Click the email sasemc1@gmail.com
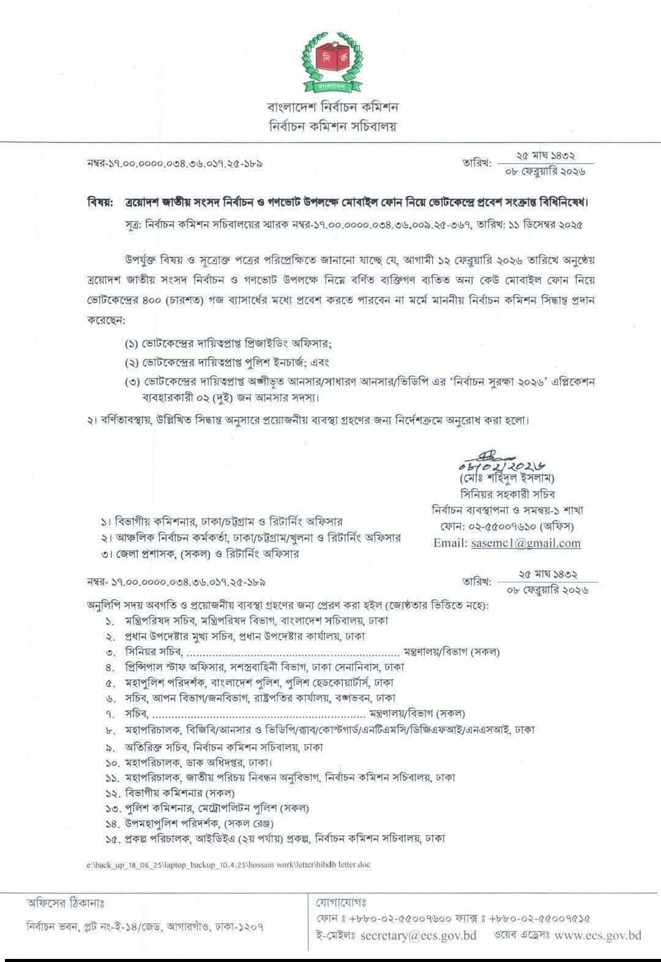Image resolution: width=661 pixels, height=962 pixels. [526, 542]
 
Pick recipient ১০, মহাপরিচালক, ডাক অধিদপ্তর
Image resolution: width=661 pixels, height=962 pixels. [190, 763]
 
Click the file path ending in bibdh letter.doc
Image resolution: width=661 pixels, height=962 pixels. [228, 865]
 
